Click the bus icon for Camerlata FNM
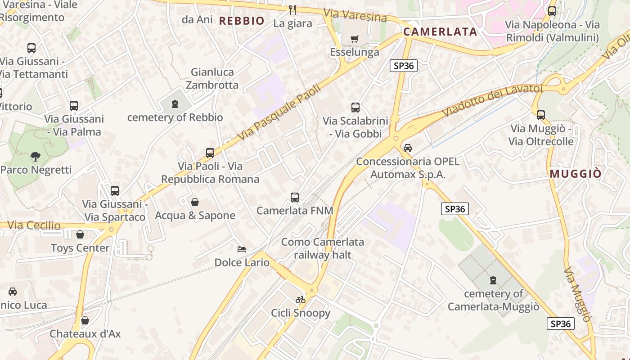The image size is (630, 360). pos(295,198)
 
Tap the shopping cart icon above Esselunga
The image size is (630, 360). pos(355,39)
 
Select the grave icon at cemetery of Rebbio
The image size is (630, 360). pos(175,104)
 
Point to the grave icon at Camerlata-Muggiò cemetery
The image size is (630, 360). pos(494,280)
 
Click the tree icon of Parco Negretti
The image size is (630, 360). pos(36,157)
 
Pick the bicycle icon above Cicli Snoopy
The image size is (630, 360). pos(301,300)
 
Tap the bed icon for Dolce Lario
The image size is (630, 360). pos(242,249)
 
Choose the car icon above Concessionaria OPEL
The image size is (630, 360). pos(408,148)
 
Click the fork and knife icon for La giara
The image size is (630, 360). pos(292,9)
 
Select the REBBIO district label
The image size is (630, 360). pos(242,21)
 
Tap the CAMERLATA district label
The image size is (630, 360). pos(440,31)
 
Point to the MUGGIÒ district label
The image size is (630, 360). pos(576,174)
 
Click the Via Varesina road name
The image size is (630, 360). pos(355,15)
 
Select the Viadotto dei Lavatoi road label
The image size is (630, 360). pos(492,100)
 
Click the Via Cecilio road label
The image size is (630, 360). pos(34,225)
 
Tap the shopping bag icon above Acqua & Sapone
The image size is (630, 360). pos(195,202)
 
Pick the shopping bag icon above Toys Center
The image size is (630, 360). pos(80,235)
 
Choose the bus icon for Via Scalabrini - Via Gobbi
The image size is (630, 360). pos(355,108)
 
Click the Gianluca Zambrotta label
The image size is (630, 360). pos(212,78)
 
